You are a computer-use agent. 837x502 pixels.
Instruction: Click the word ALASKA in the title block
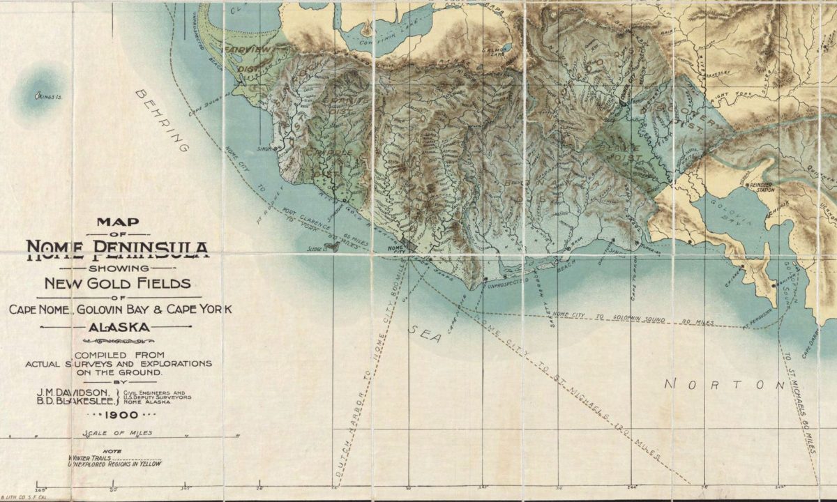(118, 326)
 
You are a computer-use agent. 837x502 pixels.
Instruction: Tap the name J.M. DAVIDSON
(77, 393)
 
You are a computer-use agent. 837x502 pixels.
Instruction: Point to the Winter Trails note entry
(91, 457)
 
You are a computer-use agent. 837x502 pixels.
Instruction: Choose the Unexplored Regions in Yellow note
(114, 464)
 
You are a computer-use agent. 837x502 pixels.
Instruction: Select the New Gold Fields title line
(117, 283)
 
